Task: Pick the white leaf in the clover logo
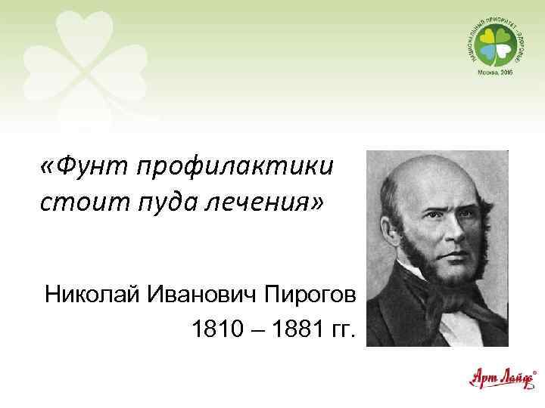click(x=502, y=51)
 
